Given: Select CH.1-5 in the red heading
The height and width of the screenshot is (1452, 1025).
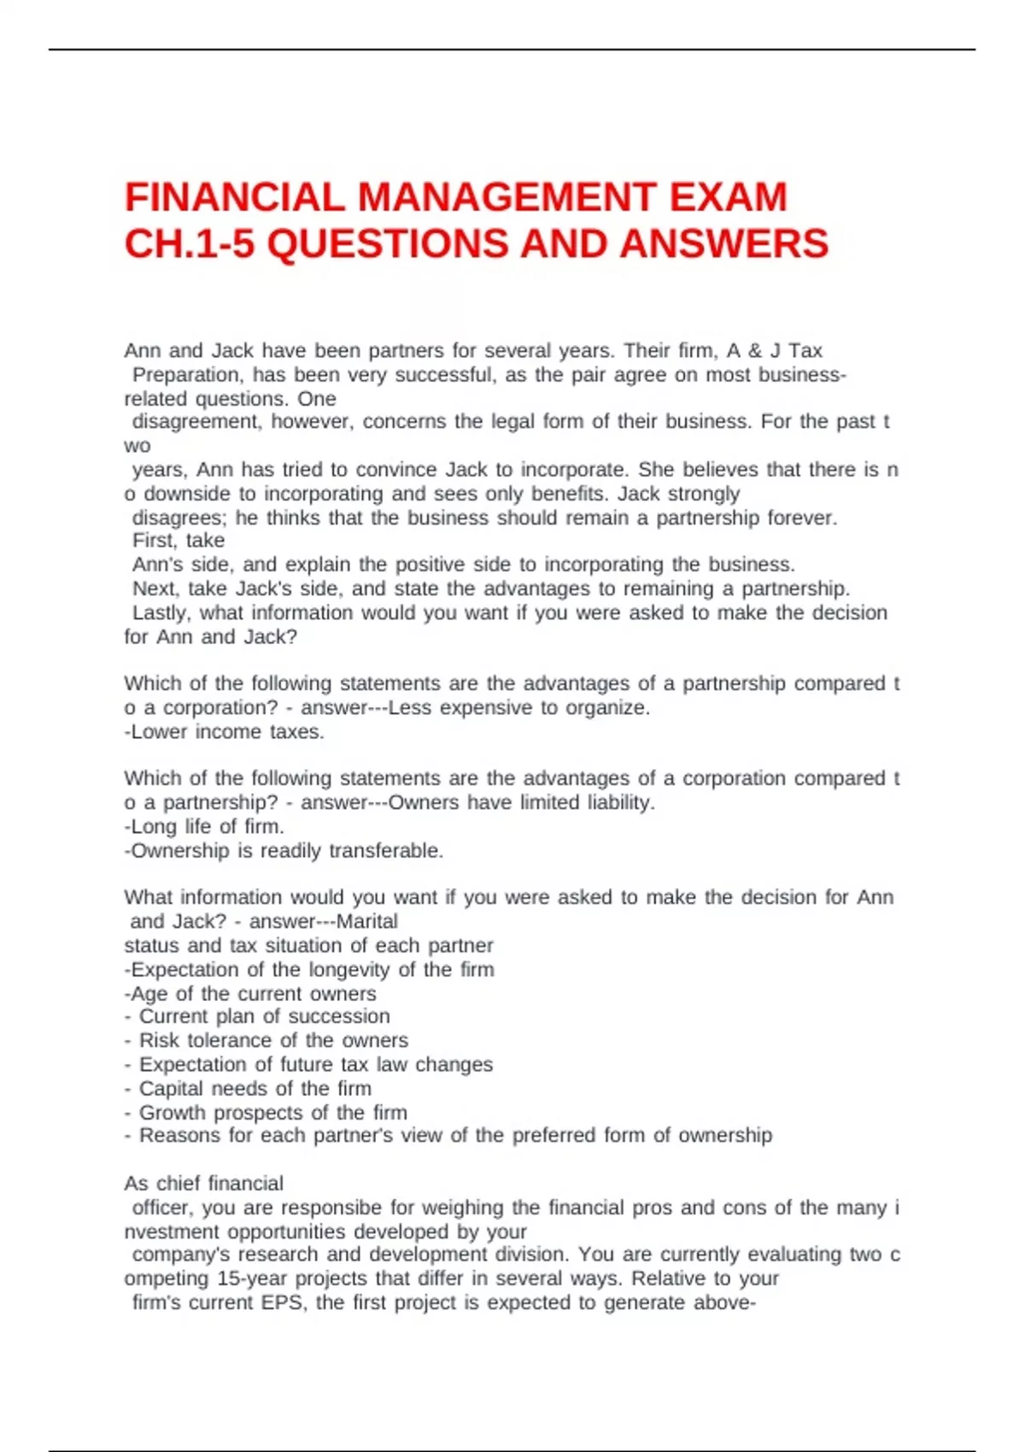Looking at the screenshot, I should [189, 244].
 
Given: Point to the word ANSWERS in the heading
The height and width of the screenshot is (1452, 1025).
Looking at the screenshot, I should [724, 244].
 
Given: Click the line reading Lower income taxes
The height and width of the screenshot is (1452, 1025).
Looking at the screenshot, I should [224, 732].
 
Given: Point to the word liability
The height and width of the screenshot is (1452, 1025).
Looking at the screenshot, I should [620, 803].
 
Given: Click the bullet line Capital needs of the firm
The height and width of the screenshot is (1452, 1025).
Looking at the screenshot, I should [255, 1088].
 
